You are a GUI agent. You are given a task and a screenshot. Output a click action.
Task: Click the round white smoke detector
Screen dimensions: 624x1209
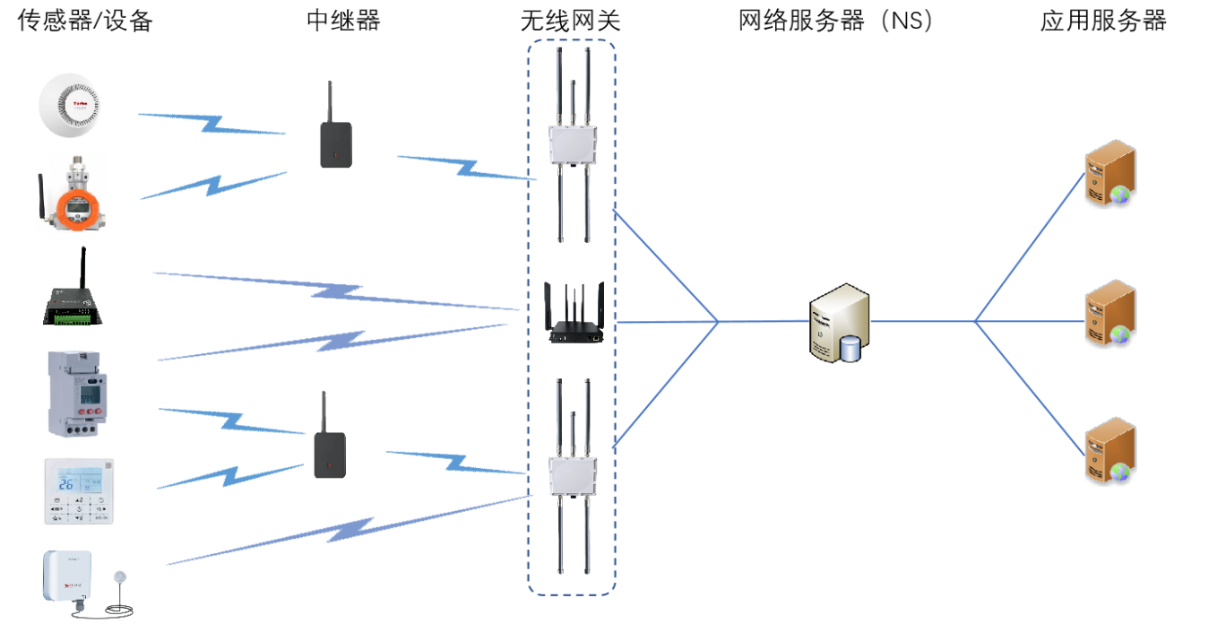coord(75,107)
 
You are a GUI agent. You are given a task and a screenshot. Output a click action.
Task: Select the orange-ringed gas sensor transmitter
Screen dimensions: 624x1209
coord(73,199)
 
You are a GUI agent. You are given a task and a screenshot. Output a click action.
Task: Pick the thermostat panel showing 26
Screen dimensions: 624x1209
coord(79,491)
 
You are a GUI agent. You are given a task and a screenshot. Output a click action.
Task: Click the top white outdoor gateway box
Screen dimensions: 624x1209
coord(573,143)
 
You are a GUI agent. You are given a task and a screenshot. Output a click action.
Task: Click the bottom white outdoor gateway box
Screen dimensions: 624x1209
coord(573,475)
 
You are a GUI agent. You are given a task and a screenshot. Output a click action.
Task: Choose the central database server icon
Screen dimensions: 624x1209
coord(839,322)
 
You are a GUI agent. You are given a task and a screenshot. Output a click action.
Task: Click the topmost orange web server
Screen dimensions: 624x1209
coord(1110,174)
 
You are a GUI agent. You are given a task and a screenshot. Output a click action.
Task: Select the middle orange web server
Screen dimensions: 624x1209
coord(1110,313)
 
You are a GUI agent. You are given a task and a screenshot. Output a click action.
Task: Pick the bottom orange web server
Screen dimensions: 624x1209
coord(1110,450)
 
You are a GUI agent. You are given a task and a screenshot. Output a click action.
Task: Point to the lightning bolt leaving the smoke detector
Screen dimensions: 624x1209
coord(212,124)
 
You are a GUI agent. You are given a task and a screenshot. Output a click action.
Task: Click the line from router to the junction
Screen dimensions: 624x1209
coord(668,322)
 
